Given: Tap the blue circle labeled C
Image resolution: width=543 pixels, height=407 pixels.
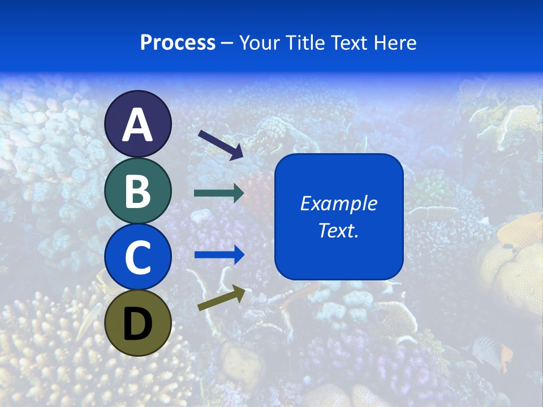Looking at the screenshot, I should pos(138,257).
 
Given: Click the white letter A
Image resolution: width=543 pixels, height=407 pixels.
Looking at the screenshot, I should pos(138,125).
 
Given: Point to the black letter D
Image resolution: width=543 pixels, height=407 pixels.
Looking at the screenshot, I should pos(138,325).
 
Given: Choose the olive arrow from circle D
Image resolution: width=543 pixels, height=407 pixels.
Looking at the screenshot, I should pos(221,298).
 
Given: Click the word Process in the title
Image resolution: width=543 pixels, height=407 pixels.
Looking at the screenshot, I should pos(178,42).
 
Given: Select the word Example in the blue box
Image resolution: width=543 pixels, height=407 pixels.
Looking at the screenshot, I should pos(338,203).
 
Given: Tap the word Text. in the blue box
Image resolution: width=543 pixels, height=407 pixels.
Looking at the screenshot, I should pos(338,230).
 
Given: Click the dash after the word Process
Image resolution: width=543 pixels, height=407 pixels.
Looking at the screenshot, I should pos(227,43).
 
